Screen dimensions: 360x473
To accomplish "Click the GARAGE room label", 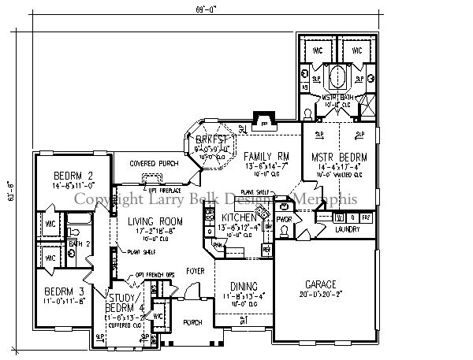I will click(x=317, y=284).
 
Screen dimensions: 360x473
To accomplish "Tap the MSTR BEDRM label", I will click(x=334, y=157).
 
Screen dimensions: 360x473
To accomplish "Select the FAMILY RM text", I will click(x=264, y=155).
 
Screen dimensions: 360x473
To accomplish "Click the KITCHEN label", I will click(x=238, y=217).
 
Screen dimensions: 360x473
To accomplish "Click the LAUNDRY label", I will click(x=347, y=230).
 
